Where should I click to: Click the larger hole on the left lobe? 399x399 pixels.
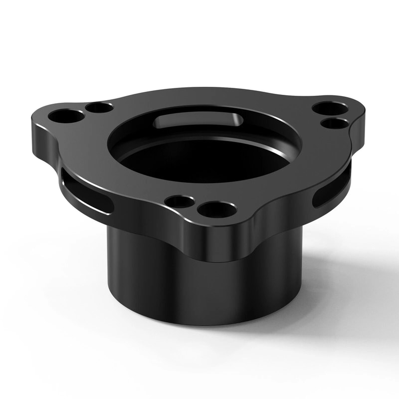coord(66,116)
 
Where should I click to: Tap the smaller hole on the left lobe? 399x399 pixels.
coord(99,107)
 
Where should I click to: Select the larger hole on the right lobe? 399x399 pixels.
coord(330,108)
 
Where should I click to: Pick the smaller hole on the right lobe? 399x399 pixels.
coord(334,123)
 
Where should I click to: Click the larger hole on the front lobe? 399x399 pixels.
coord(217,209)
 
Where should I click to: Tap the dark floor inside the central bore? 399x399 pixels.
coord(199,160)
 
